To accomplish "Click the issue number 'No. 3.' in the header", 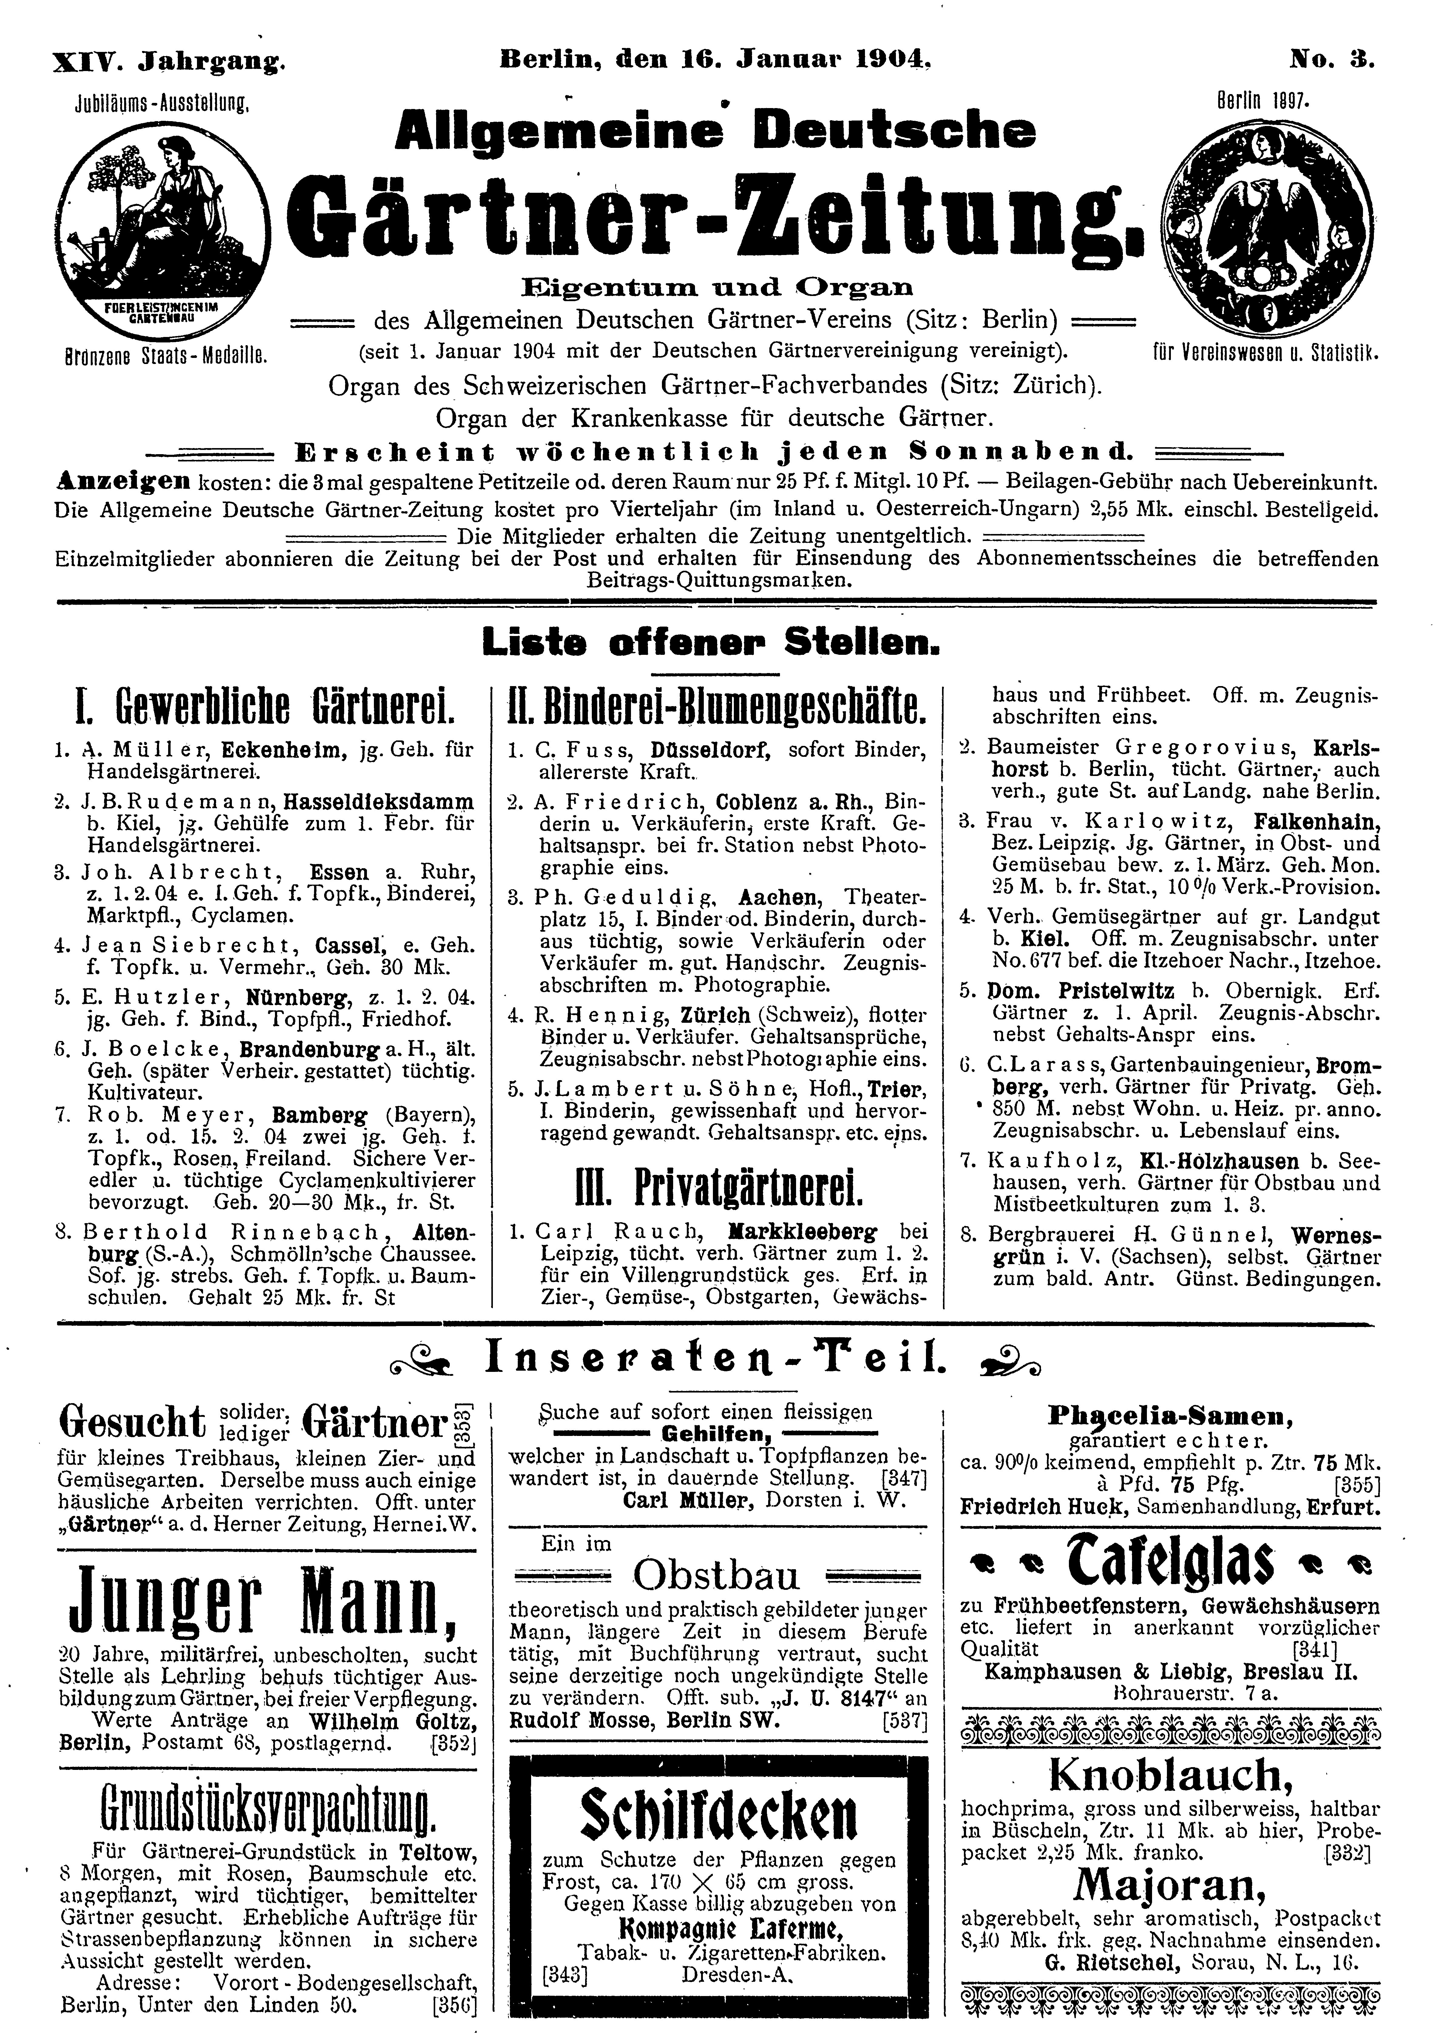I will (x=1332, y=60).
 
